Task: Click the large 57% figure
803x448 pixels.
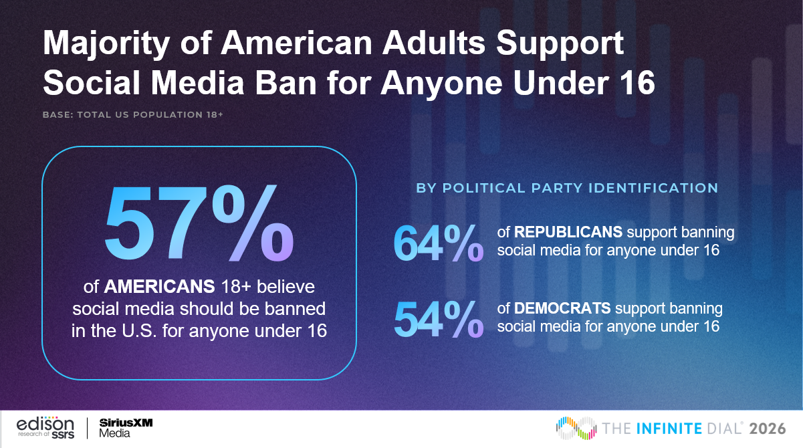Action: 199,225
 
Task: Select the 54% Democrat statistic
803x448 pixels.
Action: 438,318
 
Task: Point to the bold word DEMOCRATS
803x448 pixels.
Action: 562,309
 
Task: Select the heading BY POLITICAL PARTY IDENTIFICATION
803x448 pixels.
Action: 567,188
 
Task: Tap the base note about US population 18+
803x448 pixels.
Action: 132,115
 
